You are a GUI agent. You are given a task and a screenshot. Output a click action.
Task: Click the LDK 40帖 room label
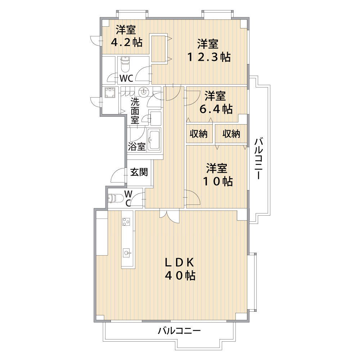[x=180, y=269]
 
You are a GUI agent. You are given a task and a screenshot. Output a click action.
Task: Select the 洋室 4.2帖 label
[x=126, y=36]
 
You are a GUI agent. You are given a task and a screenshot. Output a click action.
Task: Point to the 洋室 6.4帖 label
[x=216, y=102]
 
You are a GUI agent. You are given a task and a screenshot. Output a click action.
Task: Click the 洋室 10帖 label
[x=217, y=175]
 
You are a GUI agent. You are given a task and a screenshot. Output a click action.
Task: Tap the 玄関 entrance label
[x=139, y=172]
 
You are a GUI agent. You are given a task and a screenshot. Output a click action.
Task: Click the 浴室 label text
[x=136, y=147]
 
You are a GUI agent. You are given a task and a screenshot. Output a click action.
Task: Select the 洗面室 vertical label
[x=135, y=111]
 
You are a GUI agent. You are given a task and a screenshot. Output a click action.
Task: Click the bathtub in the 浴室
[x=154, y=139]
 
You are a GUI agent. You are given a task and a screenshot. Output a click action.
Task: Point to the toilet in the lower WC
[x=116, y=198]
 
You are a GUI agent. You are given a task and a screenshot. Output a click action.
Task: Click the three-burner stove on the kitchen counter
[x=126, y=221]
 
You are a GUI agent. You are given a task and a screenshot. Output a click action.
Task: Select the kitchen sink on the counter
[x=127, y=253]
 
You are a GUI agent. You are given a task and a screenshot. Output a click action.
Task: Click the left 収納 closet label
[x=199, y=134]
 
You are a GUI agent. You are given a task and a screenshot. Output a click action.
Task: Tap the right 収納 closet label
[x=231, y=134]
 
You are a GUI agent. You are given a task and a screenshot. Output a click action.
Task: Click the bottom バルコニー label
[x=179, y=331]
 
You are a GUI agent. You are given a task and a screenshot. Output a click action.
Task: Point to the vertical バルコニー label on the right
[x=258, y=158]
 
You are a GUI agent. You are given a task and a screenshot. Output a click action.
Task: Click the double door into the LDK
[x=170, y=216]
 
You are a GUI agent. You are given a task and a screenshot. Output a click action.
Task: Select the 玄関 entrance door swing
[x=119, y=175]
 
